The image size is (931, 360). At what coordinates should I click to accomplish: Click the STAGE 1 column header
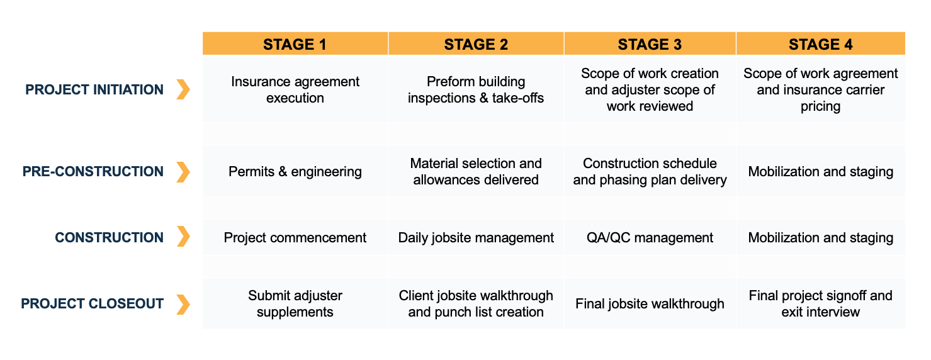295,44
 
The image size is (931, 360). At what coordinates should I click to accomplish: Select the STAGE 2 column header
476,44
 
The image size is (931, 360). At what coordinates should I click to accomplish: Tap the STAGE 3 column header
650,44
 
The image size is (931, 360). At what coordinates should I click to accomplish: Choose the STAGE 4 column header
820,44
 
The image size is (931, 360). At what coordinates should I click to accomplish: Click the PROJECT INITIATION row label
94,89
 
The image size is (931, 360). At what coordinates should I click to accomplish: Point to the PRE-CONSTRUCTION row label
93,171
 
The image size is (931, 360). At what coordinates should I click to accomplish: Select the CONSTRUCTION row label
110,237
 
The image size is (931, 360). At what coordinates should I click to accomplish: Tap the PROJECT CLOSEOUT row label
93,303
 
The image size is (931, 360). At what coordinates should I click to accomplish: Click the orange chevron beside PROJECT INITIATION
183,89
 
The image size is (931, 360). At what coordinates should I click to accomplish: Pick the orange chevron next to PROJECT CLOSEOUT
183,304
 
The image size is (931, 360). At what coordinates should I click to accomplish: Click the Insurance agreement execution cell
295,89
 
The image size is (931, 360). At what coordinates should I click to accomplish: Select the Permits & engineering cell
295,171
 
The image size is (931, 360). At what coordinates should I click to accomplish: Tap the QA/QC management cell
650,237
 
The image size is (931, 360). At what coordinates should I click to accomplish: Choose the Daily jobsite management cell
476,237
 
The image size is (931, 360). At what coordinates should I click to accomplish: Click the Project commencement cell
295,237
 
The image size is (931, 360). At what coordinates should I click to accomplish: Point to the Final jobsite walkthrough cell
650,303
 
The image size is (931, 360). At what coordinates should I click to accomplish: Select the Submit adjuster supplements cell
295,303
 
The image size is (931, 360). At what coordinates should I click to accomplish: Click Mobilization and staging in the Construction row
820,237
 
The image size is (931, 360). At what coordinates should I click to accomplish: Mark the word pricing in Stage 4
820,106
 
